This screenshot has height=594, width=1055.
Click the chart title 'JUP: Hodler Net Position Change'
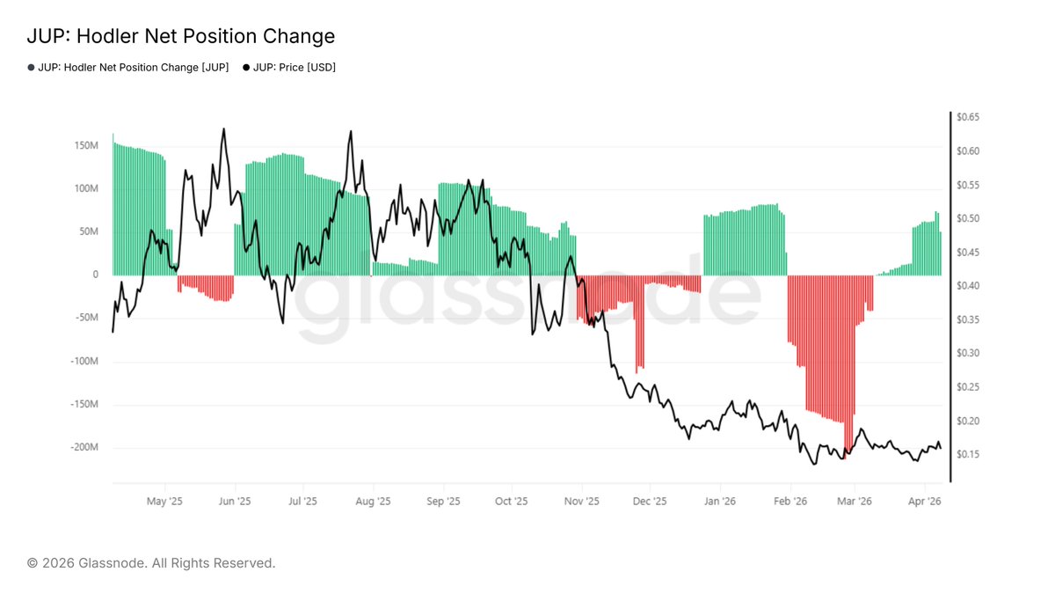[x=181, y=36]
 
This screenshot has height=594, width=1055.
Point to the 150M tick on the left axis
[x=85, y=145]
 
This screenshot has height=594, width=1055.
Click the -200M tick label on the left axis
[x=84, y=448]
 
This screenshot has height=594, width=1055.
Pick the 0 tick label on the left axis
[x=95, y=275]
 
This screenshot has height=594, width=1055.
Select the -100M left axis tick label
[x=84, y=362]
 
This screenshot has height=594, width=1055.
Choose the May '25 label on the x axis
[x=164, y=502]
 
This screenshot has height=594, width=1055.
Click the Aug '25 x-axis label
[x=373, y=502]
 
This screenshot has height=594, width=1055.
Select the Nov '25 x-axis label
[x=581, y=502]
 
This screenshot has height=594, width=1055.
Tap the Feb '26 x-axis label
[x=789, y=502]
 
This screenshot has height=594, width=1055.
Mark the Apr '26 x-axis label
[x=924, y=502]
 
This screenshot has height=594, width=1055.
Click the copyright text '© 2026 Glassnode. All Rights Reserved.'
[x=151, y=562]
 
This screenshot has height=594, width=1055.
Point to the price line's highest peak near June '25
[x=223, y=129]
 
